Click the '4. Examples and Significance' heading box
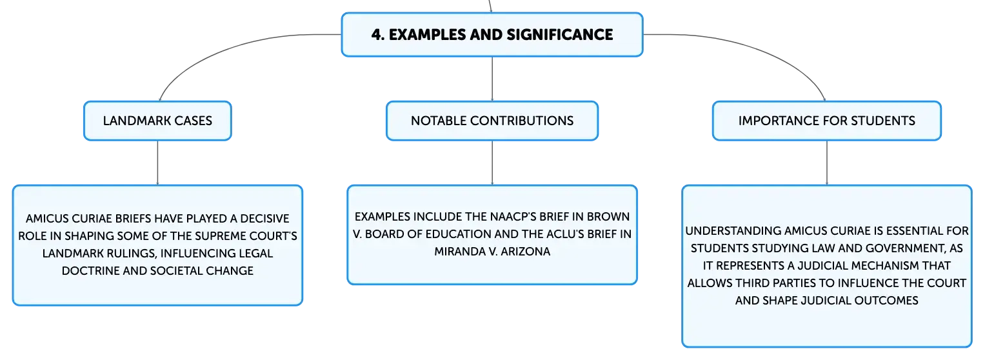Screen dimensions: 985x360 point(492,35)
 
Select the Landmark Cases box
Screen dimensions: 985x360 point(157,121)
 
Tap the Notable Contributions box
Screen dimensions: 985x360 point(492,121)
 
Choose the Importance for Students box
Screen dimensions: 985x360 point(827,121)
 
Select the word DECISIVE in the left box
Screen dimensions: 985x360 point(264,219)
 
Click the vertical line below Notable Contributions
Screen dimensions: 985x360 point(492,163)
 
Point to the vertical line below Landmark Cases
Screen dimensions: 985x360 point(157,163)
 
